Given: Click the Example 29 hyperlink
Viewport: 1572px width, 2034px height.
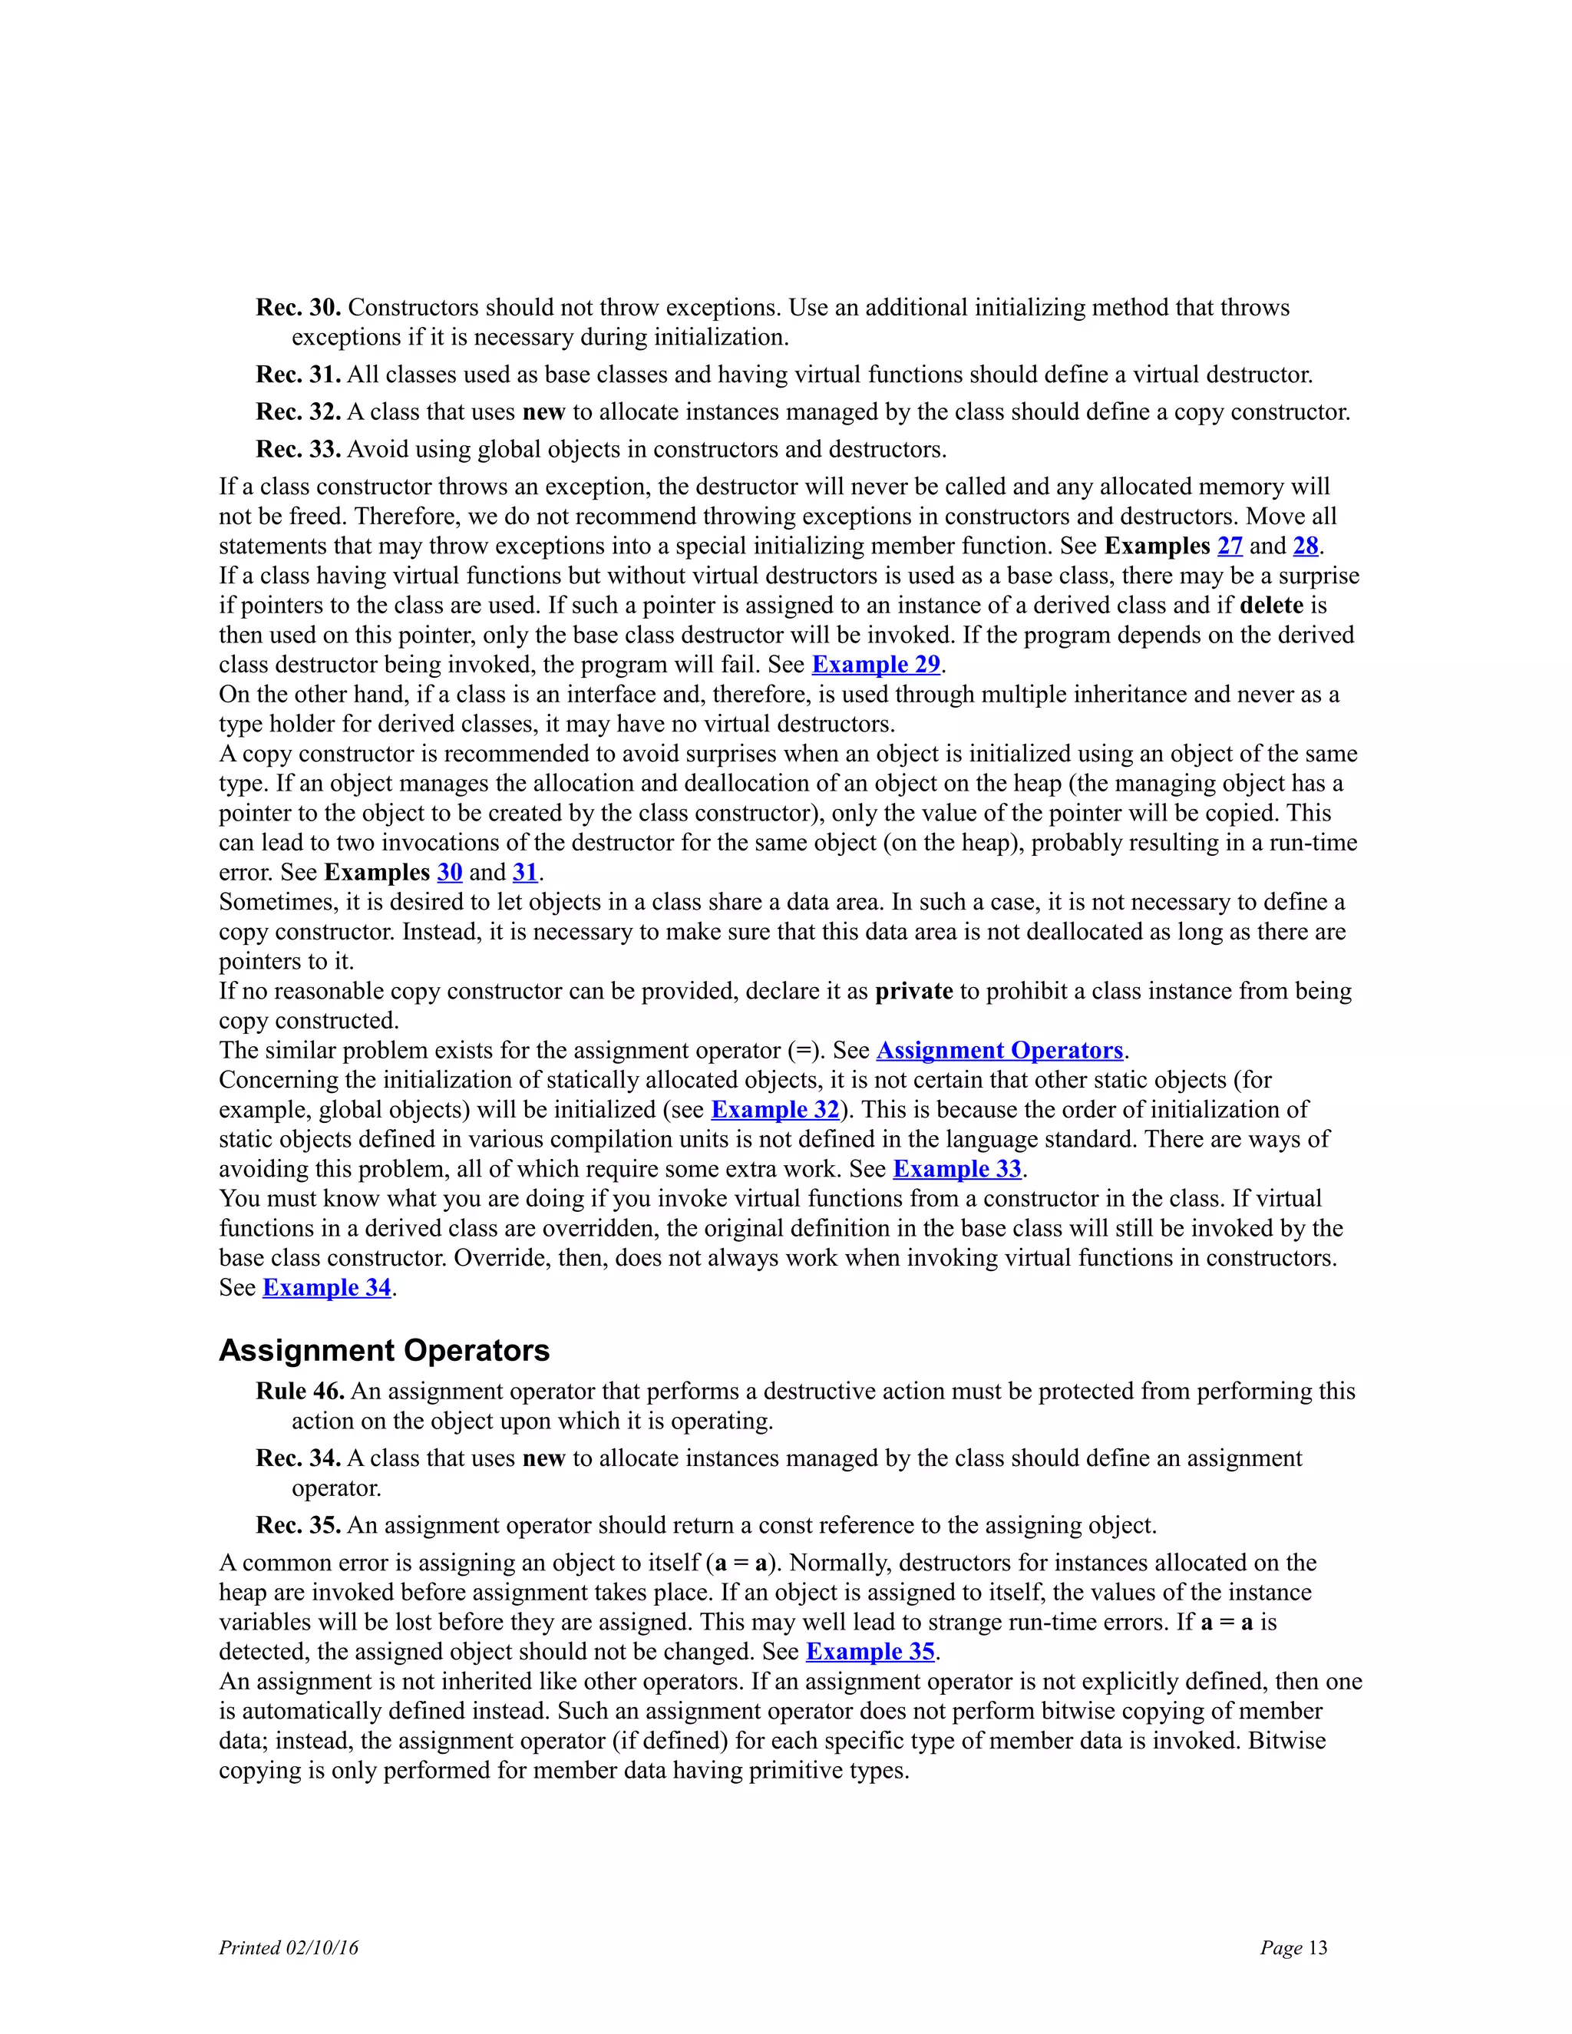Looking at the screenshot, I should click(875, 665).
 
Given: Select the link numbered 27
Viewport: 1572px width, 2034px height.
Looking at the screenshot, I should click(1230, 546).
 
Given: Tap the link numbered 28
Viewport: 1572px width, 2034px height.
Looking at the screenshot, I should click(1306, 546).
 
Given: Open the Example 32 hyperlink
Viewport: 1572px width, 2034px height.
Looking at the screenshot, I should click(774, 1110).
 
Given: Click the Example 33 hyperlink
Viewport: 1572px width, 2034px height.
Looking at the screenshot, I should click(956, 1170).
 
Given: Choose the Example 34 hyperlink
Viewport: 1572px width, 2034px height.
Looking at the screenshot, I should click(326, 1288).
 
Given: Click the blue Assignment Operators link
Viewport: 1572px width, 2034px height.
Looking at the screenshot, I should click(999, 1051).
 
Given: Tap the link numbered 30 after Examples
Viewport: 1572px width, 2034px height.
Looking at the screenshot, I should click(449, 873).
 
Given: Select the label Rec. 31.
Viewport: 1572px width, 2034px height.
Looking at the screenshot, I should click(298, 375).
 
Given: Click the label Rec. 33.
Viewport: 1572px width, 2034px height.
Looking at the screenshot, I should click(298, 450).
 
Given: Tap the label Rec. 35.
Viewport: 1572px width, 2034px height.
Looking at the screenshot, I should click(298, 1526).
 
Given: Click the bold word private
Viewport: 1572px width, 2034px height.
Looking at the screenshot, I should click(913, 991).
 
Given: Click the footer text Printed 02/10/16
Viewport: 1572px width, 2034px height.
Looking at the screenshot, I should click(288, 1948).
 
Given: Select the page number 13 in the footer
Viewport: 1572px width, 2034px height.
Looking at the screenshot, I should click(1317, 1948).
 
